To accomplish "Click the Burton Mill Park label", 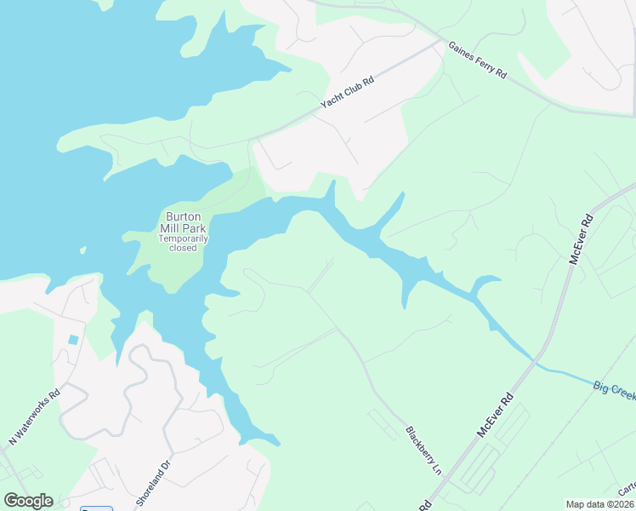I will click(184, 222).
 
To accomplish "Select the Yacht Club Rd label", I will click(348, 89).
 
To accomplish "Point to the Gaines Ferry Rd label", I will click(477, 61).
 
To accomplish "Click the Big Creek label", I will click(614, 391).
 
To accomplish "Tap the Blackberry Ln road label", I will click(423, 451).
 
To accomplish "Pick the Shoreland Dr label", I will click(155, 481).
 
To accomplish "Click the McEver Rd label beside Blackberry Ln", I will click(497, 415).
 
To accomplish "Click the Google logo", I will click(28, 501).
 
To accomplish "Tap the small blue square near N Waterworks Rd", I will click(73, 340).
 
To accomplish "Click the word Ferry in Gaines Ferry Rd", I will click(480, 64).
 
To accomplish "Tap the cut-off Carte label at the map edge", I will click(627, 490).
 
